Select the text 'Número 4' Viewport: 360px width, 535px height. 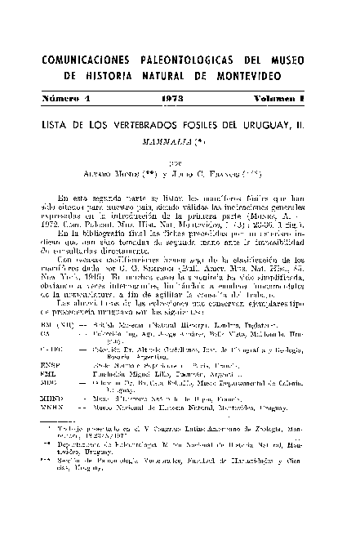tap(72, 98)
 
